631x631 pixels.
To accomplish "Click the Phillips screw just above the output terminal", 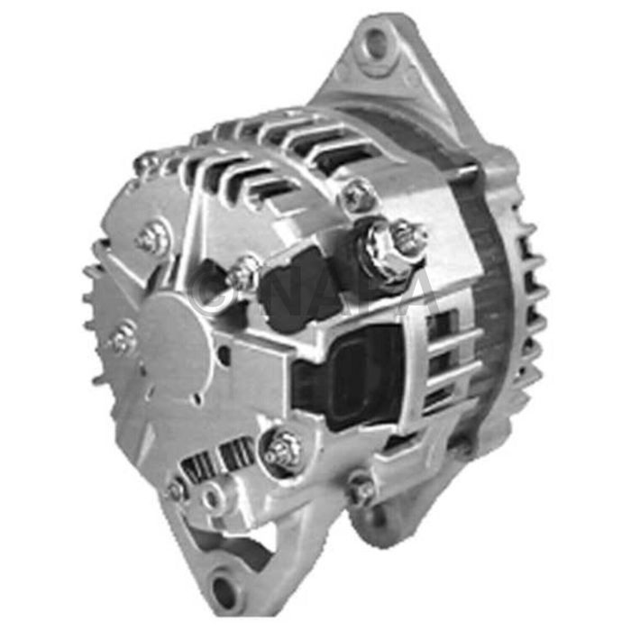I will point(358,196).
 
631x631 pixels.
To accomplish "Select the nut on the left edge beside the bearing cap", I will point(123,340).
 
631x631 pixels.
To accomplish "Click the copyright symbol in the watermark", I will point(214,291).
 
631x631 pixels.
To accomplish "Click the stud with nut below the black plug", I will point(282,450).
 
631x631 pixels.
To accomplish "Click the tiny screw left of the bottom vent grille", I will point(177,489).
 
